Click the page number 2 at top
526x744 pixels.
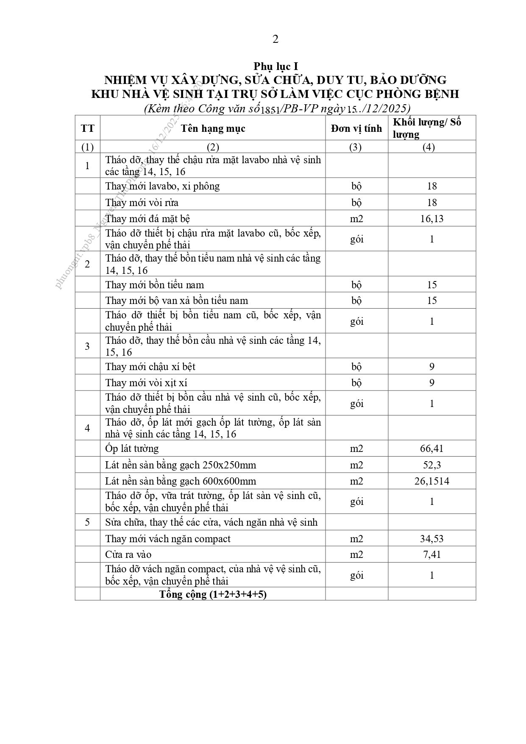pyautogui.click(x=276, y=39)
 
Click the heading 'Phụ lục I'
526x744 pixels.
pyautogui.click(x=276, y=67)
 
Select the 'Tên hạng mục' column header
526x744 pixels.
pyautogui.click(x=213, y=128)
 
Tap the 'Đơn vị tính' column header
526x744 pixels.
pyautogui.click(x=356, y=128)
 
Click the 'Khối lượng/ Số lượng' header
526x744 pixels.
pyautogui.click(x=427, y=128)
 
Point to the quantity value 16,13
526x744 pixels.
pyautogui.click(x=431, y=219)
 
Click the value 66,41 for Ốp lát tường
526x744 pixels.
pyautogui.click(x=431, y=449)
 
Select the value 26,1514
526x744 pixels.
pyautogui.click(x=431, y=481)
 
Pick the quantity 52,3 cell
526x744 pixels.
pyautogui.click(x=431, y=465)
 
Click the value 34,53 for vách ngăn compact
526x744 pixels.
pyautogui.click(x=431, y=539)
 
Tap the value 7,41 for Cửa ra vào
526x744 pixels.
pyautogui.click(x=431, y=555)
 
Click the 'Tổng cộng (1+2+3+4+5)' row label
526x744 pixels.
pyautogui.click(x=213, y=594)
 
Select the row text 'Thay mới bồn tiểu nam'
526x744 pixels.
pyautogui.click(x=155, y=285)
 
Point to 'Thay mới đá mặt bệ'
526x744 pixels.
pyautogui.click(x=148, y=219)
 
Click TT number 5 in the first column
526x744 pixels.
pyautogui.click(x=87, y=522)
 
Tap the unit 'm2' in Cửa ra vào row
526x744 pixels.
pyautogui.click(x=356, y=555)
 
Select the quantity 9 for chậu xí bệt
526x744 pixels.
pyautogui.click(x=431, y=367)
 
